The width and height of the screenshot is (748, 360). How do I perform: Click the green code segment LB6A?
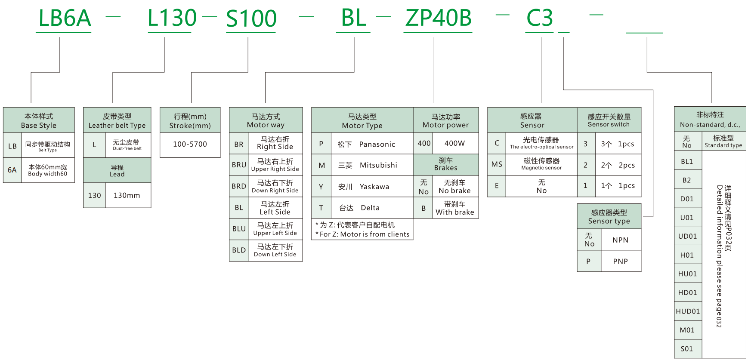[x=65, y=18]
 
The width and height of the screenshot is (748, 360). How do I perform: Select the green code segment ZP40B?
[x=438, y=18]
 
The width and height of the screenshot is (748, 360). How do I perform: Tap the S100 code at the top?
[x=251, y=18]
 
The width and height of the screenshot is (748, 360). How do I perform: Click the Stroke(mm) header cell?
[x=190, y=120]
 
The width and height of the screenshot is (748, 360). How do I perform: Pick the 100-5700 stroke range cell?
[x=190, y=145]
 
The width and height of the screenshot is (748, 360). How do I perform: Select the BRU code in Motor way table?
[x=239, y=165]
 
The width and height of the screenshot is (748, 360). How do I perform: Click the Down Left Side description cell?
[x=275, y=250]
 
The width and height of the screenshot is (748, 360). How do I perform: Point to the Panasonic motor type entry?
[x=371, y=144]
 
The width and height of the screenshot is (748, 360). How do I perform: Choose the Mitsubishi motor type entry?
[x=371, y=165]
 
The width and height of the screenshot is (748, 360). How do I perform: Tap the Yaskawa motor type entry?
[x=371, y=187]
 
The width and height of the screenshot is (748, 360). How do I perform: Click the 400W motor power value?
[x=454, y=143]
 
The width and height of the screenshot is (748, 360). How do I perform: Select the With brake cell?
[x=454, y=208]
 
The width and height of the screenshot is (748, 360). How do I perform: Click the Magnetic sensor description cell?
[x=541, y=164]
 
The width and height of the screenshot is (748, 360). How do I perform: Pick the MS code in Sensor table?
[x=497, y=164]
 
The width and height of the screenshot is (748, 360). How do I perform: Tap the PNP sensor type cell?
[x=620, y=262]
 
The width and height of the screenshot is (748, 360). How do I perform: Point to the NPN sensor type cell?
[x=620, y=240]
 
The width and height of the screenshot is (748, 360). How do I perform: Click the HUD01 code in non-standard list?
[x=687, y=311]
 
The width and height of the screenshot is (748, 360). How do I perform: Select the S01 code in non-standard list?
[x=687, y=349]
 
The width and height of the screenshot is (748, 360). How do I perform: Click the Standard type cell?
[x=723, y=141]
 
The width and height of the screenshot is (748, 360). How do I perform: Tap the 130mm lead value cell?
[x=127, y=195]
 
